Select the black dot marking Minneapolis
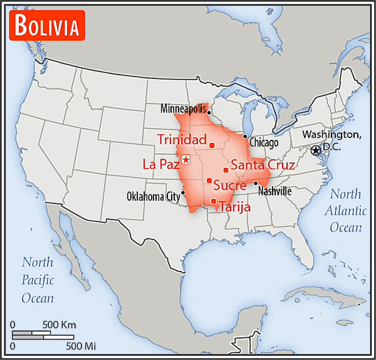[x=209, y=114]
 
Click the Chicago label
[x=264, y=143]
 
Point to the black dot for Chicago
[x=245, y=137]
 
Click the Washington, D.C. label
[x=332, y=141]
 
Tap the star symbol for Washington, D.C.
[x=316, y=150]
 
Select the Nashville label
[x=274, y=191]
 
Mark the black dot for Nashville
[x=256, y=183]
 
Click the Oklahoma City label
[x=154, y=196]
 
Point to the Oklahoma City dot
[x=184, y=192]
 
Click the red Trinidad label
[x=182, y=139]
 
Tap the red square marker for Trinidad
[x=212, y=146]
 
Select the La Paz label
[x=161, y=165]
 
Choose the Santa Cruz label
[x=263, y=166]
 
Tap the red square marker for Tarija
[x=214, y=201]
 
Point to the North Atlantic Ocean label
[x=345, y=210]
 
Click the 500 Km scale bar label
[x=60, y=325]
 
